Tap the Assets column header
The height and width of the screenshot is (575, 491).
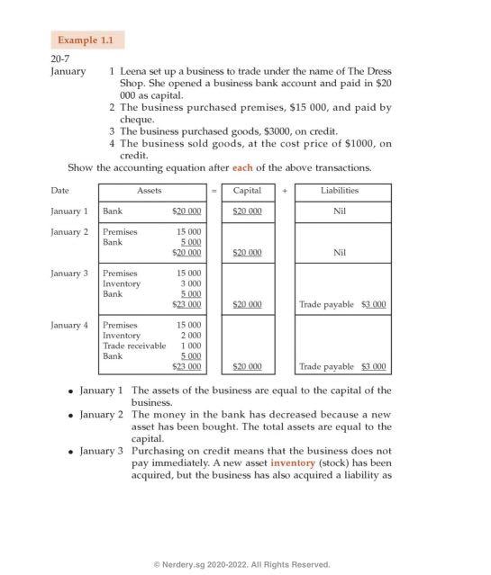point(150,191)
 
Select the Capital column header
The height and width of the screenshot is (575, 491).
point(248,191)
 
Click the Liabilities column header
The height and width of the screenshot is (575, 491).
point(339,191)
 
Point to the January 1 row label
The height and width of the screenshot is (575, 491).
point(69,211)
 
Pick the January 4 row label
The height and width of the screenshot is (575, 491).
point(69,325)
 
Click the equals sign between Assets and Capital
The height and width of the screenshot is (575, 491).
point(214,191)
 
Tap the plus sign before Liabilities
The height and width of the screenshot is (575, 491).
point(284,191)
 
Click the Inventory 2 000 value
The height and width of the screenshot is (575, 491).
point(190,335)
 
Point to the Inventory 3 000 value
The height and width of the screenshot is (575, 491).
point(190,283)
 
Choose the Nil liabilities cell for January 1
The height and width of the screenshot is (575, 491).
point(339,211)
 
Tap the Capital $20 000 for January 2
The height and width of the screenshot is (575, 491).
point(248,253)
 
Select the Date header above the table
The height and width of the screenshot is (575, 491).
point(59,191)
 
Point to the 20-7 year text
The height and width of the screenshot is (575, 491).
point(61,58)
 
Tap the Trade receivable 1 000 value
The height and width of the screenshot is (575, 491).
point(190,346)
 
